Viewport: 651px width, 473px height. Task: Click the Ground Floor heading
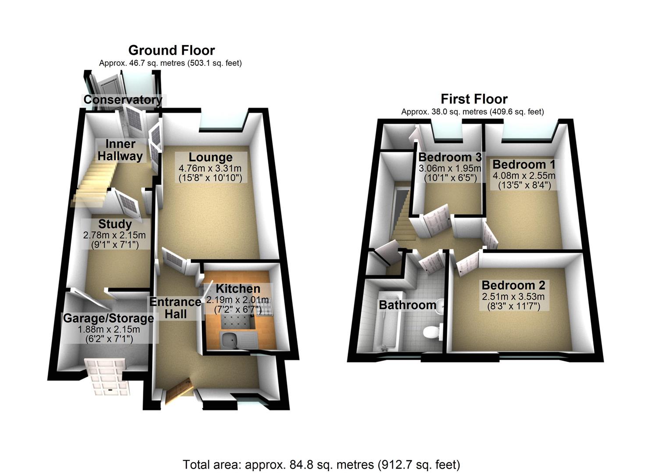(x=171, y=50)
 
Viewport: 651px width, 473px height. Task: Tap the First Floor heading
(x=474, y=99)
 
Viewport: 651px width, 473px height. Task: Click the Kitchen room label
(x=238, y=289)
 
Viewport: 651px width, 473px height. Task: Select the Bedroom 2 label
(x=513, y=285)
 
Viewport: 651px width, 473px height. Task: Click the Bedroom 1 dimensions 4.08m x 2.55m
(x=524, y=176)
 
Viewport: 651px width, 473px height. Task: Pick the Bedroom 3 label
(x=450, y=157)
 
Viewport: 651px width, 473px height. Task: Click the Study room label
(x=115, y=224)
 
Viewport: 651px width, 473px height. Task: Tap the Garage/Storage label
(x=108, y=318)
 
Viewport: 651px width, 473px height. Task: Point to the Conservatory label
(x=123, y=100)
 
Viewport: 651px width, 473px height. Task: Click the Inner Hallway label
(x=120, y=150)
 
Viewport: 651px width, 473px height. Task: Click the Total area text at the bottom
(x=321, y=464)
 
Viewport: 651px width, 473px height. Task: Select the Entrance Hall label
(x=175, y=308)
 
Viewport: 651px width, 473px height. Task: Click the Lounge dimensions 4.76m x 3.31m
(x=210, y=168)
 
